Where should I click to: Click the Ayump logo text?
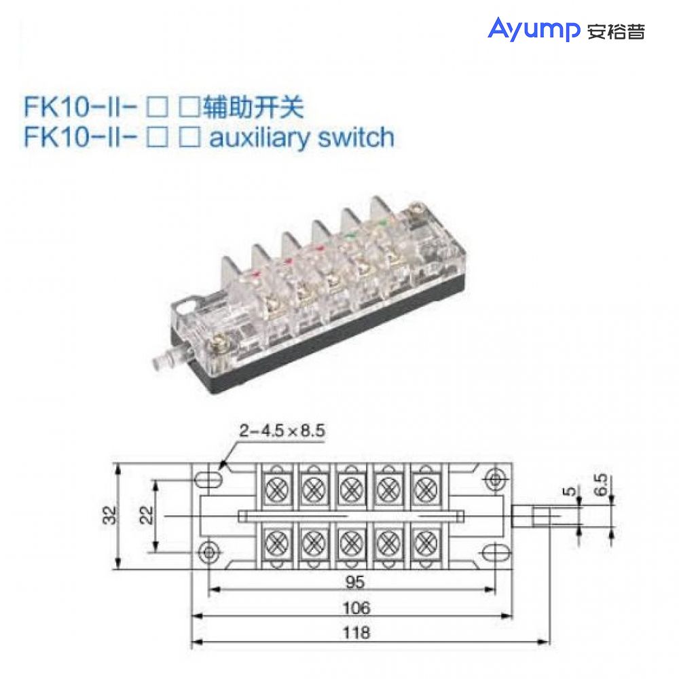pos(533,29)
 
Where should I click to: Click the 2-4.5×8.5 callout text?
pos(282,430)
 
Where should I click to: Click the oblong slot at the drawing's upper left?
pos(208,479)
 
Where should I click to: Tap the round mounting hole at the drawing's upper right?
pos(495,479)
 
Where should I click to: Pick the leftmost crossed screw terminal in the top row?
pos(276,487)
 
